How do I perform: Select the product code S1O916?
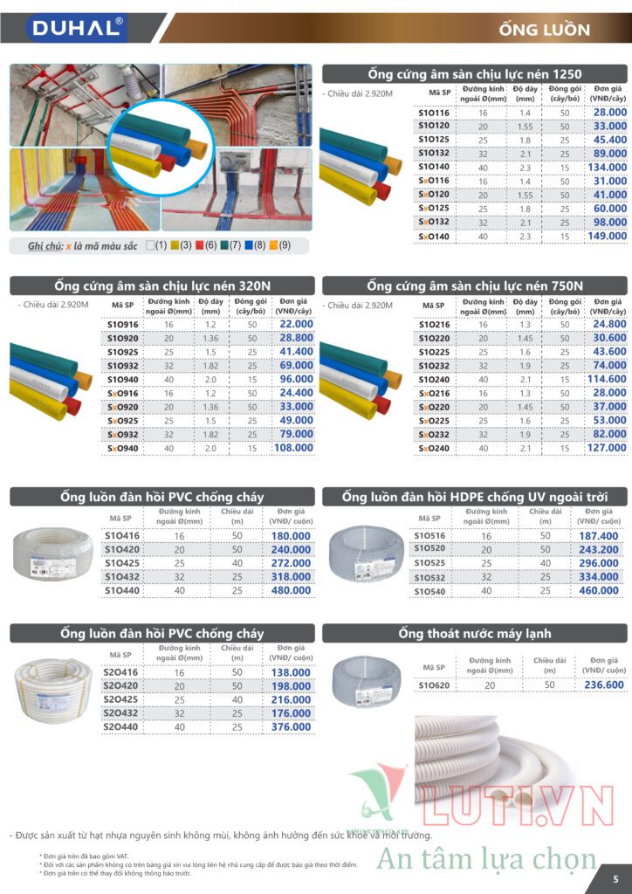[x=121, y=324]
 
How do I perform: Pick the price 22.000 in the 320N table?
[x=294, y=324]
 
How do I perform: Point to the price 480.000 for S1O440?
[x=290, y=590]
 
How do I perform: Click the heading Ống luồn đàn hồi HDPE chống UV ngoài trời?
[x=474, y=497]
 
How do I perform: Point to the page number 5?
[x=615, y=878]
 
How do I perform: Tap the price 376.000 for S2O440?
[x=290, y=726]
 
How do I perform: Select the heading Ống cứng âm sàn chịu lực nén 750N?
[x=475, y=285]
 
